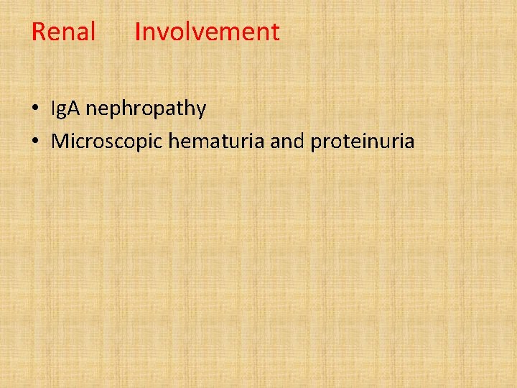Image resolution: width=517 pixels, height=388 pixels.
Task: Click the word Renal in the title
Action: coord(64,32)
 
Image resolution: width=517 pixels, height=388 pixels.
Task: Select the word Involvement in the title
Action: coord(207,32)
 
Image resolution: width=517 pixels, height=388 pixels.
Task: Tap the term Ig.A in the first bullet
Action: coord(66,109)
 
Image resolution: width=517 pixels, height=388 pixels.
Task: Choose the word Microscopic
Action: coord(108,141)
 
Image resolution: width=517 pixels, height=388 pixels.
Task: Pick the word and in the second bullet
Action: coord(288,141)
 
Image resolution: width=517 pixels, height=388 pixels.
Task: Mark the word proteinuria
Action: coord(363,141)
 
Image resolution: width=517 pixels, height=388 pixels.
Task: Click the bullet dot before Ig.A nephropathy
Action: coord(35,110)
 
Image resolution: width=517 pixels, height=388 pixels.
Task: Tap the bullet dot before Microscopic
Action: coord(35,142)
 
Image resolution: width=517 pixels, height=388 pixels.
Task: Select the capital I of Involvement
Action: coord(137,32)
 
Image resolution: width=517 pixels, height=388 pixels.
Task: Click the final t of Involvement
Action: coord(275,32)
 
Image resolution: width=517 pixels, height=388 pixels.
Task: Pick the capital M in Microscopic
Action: coord(60,141)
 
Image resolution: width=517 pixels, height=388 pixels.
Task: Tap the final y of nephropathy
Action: coord(201,111)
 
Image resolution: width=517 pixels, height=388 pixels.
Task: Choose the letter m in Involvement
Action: coord(218,33)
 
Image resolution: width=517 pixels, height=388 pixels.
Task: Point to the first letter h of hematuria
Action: coord(173,141)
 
